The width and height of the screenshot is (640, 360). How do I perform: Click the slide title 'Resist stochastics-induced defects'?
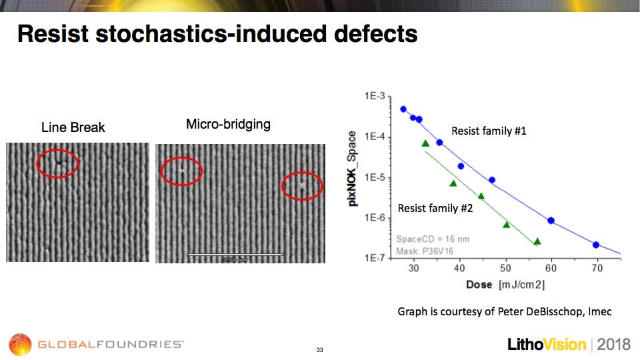[x=217, y=33]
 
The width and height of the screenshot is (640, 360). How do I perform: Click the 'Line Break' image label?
[x=73, y=127]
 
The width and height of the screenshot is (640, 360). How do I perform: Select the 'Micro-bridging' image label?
[x=228, y=124]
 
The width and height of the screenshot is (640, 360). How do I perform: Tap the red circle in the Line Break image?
[x=57, y=162]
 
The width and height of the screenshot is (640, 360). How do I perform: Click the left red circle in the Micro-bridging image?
[x=181, y=171]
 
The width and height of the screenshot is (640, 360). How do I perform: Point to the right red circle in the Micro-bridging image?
[x=302, y=186]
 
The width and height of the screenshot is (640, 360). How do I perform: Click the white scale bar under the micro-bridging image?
[x=235, y=254]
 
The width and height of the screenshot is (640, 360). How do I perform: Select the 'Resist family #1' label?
[x=489, y=131]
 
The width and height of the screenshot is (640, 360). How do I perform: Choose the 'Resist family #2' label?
[x=435, y=209]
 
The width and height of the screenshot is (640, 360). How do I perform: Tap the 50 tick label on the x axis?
[x=505, y=268]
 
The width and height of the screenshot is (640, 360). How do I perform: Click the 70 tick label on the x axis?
[x=597, y=268]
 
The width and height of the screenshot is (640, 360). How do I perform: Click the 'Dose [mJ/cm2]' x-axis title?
[x=504, y=285]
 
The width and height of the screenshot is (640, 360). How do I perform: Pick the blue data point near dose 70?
[x=596, y=245]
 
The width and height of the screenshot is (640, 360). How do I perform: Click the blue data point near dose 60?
[x=551, y=221]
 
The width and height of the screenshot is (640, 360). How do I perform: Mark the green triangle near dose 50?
[x=506, y=225]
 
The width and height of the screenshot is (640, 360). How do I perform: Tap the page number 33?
[x=319, y=349]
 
